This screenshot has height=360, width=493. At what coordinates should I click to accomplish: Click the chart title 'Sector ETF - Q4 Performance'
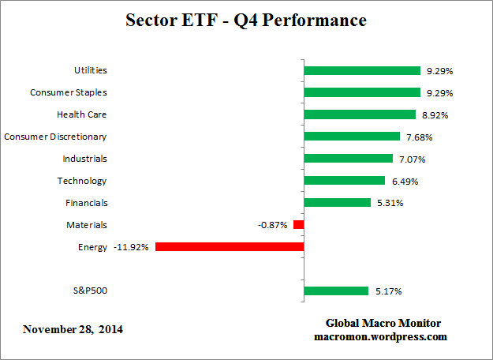[246, 21]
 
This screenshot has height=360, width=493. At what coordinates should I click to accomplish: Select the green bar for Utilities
[362, 70]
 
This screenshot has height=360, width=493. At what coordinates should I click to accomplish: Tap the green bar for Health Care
[360, 114]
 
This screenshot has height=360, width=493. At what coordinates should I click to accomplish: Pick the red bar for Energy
[230, 246]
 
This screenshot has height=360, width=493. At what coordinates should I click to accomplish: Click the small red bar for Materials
[299, 225]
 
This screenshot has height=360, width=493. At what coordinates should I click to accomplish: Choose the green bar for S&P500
[336, 291]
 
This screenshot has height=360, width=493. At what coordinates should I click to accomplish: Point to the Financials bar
[337, 203]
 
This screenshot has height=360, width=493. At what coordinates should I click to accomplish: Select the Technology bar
[344, 181]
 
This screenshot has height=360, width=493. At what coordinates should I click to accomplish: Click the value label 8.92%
[435, 114]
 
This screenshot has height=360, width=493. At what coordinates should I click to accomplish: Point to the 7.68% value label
[419, 137]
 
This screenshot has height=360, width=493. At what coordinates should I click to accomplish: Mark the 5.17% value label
[387, 291]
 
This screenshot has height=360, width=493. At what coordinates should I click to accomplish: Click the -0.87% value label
[273, 225]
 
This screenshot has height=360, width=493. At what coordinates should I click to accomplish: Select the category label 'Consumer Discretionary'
[55, 137]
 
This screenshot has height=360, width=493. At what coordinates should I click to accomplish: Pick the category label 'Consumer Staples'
[69, 92]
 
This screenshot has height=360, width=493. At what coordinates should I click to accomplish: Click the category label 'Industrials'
[84, 159]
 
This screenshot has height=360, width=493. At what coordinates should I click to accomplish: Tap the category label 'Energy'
[92, 247]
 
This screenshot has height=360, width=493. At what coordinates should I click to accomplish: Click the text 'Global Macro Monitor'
[383, 324]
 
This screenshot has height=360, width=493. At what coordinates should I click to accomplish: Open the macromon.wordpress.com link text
[381, 336]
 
